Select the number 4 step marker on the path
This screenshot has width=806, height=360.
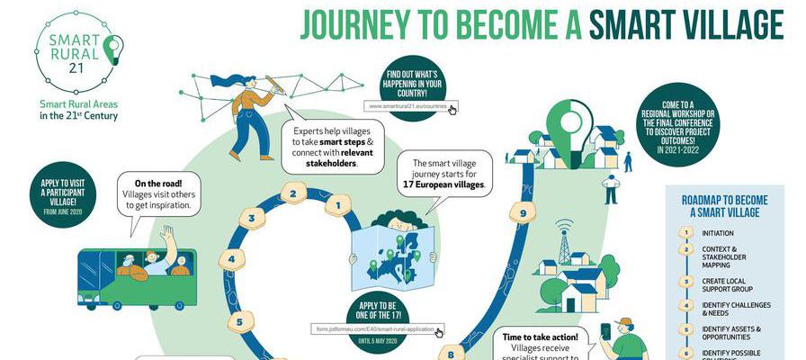pos(232,260)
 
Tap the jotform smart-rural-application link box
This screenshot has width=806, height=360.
pos(378,328)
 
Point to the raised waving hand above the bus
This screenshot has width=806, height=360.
pos(167,236)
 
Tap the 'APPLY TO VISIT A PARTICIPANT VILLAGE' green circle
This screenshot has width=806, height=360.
pos(63,194)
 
